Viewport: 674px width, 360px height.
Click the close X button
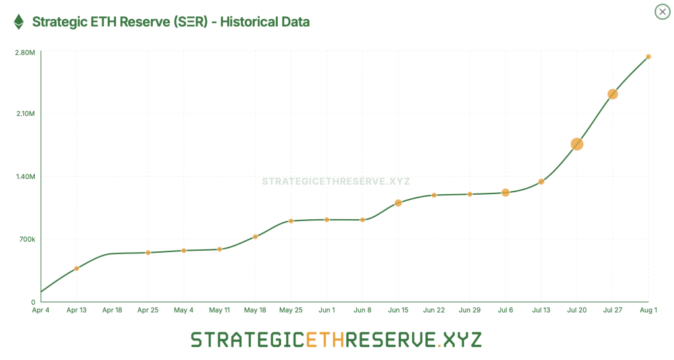coord(661,12)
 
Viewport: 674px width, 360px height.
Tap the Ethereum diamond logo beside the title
coord(19,22)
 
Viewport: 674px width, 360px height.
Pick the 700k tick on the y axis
coord(26,239)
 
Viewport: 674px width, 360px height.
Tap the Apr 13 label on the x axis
coord(76,310)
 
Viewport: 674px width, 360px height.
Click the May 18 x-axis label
coord(255,310)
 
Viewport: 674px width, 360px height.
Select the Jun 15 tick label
coord(398,310)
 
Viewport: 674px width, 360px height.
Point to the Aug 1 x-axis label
coord(648,310)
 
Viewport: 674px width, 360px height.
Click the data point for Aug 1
coord(648,57)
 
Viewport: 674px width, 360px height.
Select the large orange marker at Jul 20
coord(577,144)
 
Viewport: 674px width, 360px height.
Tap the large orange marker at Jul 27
coord(613,94)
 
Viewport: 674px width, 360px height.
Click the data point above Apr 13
coord(77,268)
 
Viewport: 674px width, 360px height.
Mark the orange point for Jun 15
coord(398,203)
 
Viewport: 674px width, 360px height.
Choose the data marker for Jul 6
coord(505,193)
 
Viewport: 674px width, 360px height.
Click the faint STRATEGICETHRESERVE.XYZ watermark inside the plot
coord(336,181)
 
